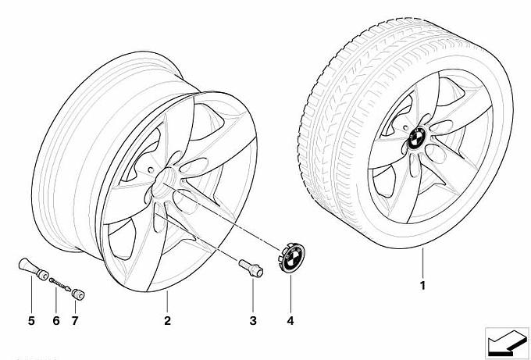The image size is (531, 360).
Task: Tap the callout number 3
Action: point(252,320)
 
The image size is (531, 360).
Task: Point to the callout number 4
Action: point(290,320)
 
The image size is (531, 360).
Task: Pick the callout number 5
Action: point(31,320)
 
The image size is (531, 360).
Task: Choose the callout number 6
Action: point(55,320)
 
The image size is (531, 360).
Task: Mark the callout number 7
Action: point(75,320)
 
